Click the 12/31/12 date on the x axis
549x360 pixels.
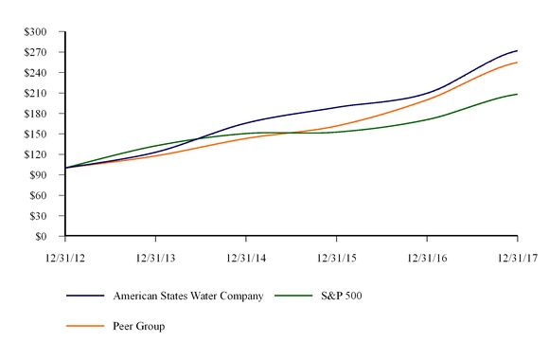[x=65, y=257]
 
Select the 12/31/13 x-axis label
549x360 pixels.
[x=155, y=257]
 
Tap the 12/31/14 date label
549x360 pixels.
[x=246, y=257]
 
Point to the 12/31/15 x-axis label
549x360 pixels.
[x=336, y=257]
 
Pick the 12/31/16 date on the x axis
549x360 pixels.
[x=427, y=257]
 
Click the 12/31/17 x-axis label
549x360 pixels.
[x=517, y=257]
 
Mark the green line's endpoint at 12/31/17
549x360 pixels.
[x=517, y=94]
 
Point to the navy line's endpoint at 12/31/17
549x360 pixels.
[x=517, y=50]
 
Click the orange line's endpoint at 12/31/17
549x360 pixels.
[x=517, y=63]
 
